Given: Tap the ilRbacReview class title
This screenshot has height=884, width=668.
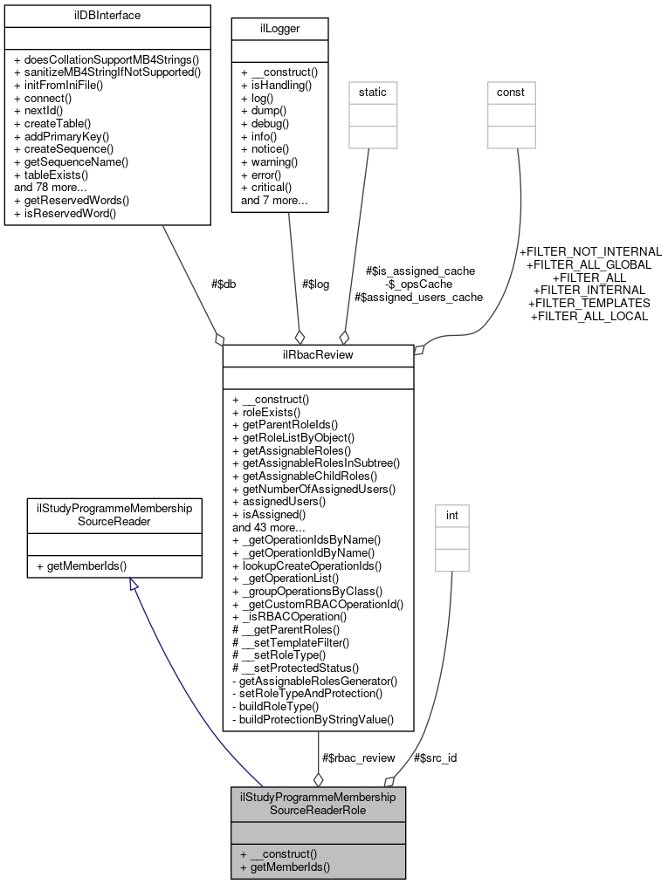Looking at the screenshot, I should [318, 355].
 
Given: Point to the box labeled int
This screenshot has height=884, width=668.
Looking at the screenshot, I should [451, 516].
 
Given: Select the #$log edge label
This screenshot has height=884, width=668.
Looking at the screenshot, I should [315, 284].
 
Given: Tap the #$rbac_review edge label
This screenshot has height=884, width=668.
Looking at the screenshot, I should [358, 757].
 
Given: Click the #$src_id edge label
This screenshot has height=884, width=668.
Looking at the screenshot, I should [434, 757].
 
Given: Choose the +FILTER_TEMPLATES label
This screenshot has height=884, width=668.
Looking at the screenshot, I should [589, 303].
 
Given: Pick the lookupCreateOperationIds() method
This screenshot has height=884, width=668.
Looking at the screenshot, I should [306, 565].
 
